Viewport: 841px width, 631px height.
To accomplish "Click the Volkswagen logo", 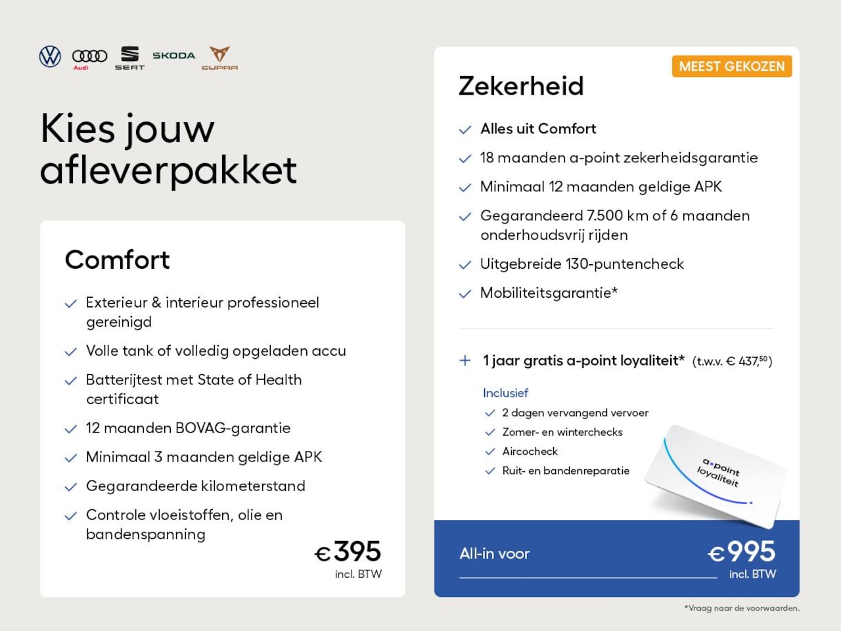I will coord(50,57).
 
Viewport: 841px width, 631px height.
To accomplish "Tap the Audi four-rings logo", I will coord(89,57).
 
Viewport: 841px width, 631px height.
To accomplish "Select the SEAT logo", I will coord(129,57).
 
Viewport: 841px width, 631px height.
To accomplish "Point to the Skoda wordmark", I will coord(173,56).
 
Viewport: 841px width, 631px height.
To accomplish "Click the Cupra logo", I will coord(219,57).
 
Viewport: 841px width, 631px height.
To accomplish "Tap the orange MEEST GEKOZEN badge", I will coord(731,66).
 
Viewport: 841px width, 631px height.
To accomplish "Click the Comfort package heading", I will coord(118,260).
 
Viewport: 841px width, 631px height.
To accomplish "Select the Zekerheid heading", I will coord(521,86).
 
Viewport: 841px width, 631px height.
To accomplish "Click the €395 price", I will coord(348,552).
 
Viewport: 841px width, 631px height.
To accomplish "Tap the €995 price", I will coord(742,552).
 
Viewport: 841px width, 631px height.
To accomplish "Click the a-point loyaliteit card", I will coord(716,475).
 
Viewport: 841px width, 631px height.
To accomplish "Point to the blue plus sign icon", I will coord(465,360).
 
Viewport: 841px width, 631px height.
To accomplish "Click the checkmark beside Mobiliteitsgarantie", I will coord(465,294).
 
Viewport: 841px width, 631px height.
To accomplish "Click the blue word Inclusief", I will coord(505,393).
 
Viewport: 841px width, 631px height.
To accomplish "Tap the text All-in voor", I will coord(494,553).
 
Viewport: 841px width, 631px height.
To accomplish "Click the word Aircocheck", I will coord(530,452).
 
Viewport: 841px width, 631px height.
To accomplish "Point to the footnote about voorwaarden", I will coord(742,608).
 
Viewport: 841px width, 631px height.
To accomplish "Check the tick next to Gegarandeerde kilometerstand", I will coord(71,487).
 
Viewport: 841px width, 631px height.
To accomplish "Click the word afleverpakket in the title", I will coord(168,170).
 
